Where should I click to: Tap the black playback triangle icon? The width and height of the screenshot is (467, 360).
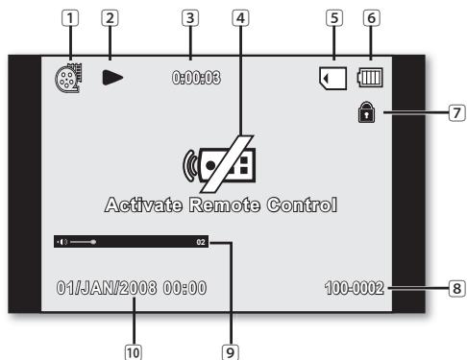point(112,76)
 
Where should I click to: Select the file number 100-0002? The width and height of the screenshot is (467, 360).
point(355,287)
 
